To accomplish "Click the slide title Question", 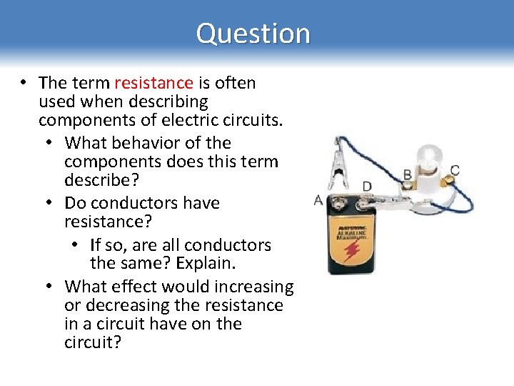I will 253,34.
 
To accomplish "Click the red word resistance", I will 153,83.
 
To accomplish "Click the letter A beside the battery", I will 318,201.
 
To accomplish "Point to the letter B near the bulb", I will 407,174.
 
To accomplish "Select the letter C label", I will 455,170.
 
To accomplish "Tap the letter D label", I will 366,187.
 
